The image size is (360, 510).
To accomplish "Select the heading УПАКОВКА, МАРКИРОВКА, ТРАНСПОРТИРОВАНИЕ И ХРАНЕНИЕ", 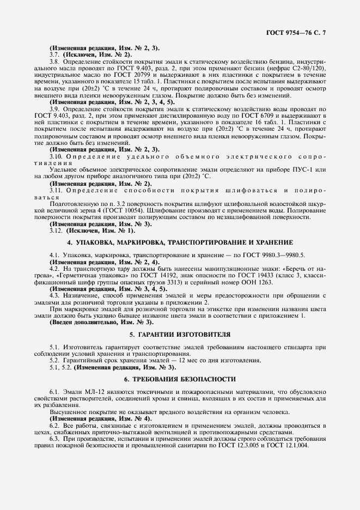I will (x=180, y=241).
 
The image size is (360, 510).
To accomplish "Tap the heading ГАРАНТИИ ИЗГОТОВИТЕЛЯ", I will (x=180, y=333).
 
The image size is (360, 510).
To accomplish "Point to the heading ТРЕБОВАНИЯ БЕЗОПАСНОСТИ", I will (x=180, y=379).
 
